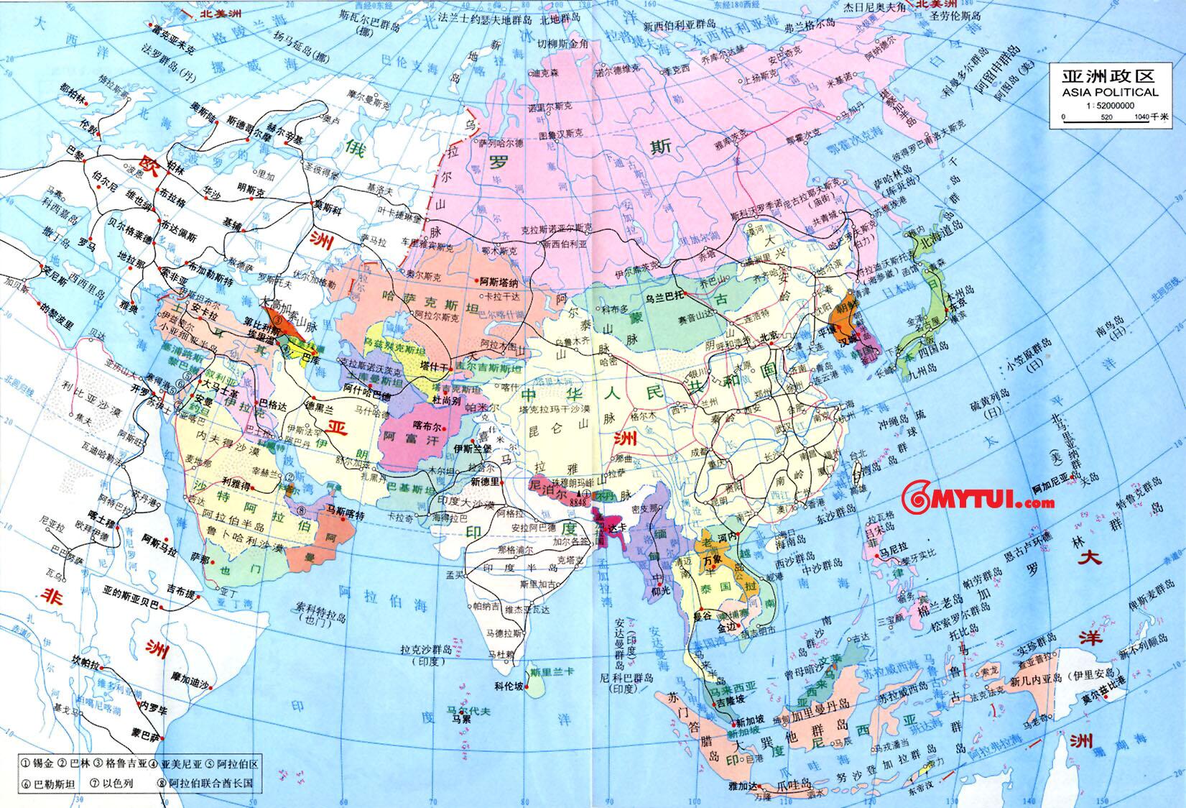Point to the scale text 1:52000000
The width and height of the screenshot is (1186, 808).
[x=1104, y=105]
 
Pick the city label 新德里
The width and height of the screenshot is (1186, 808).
[x=485, y=480]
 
